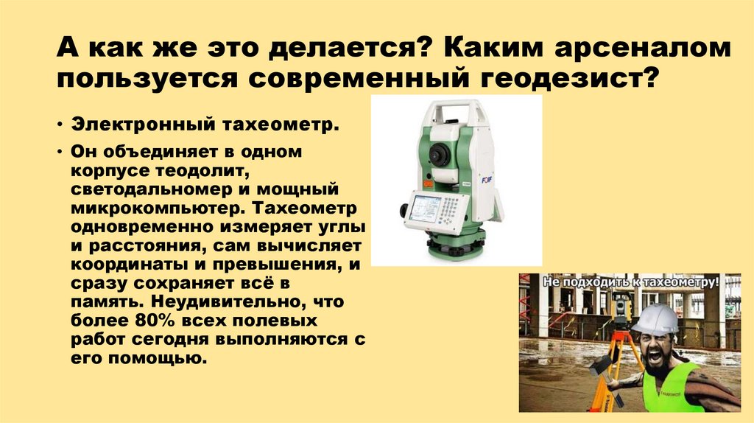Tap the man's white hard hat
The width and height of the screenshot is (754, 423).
point(655,319)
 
